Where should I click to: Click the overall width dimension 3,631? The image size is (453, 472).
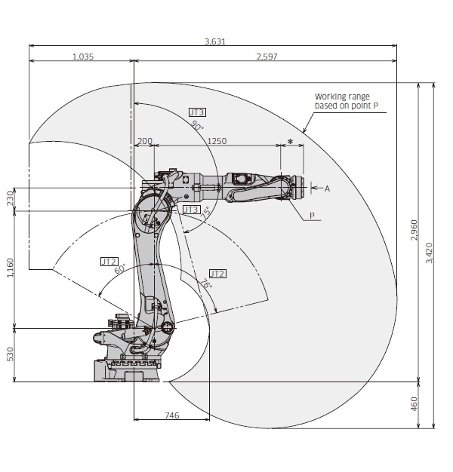coord(215,41)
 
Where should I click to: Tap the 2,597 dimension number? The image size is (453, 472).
coord(267,57)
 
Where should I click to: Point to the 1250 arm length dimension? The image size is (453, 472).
coord(217,141)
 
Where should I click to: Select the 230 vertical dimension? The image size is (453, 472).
coord(10,198)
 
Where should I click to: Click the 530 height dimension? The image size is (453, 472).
coord(10,354)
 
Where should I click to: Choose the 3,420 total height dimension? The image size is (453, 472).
coord(430,256)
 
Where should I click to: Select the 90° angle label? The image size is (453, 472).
coord(197,126)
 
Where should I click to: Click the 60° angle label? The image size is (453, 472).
coord(119,269)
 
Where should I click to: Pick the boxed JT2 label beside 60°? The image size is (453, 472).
coord(109,261)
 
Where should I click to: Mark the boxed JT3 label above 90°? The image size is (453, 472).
coord(197,112)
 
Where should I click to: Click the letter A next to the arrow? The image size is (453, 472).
coord(328,188)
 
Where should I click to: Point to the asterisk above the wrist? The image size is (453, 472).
coord(290,142)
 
